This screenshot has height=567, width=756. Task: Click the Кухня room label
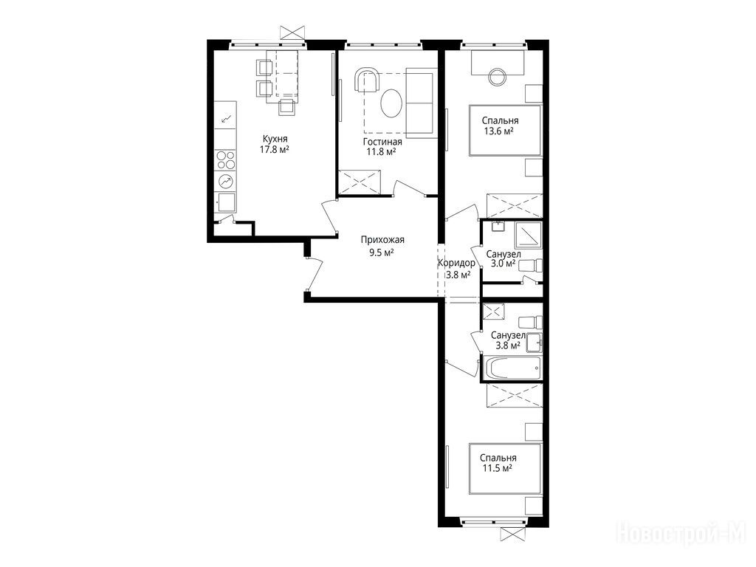(275, 140)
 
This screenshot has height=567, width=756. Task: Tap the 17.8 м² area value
(275, 149)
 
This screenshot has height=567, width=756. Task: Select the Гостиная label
(382, 142)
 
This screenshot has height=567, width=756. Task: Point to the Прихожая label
(382, 240)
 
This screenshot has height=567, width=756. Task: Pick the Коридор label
(456, 264)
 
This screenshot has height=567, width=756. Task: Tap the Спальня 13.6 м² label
(500, 126)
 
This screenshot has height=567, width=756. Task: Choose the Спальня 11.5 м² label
(498, 463)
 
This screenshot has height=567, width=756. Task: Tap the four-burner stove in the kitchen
(225, 160)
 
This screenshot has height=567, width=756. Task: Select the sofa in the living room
(422, 101)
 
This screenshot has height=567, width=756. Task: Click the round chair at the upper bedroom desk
(497, 77)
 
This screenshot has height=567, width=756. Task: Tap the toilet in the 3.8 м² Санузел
(530, 322)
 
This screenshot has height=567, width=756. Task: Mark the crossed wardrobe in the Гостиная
(360, 182)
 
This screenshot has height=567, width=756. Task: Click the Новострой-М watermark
(681, 535)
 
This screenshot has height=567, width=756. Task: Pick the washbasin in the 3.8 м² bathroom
(534, 342)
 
